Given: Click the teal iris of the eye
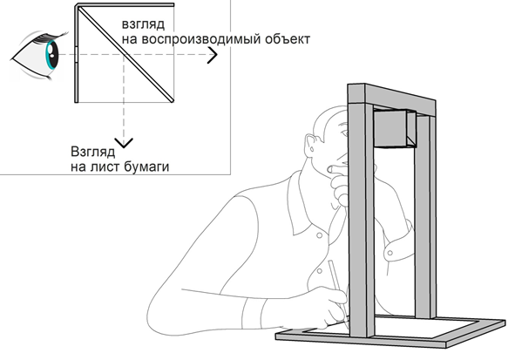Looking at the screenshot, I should (51, 58).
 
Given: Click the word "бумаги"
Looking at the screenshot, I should (143, 163).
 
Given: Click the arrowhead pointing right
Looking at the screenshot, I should (213, 58).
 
